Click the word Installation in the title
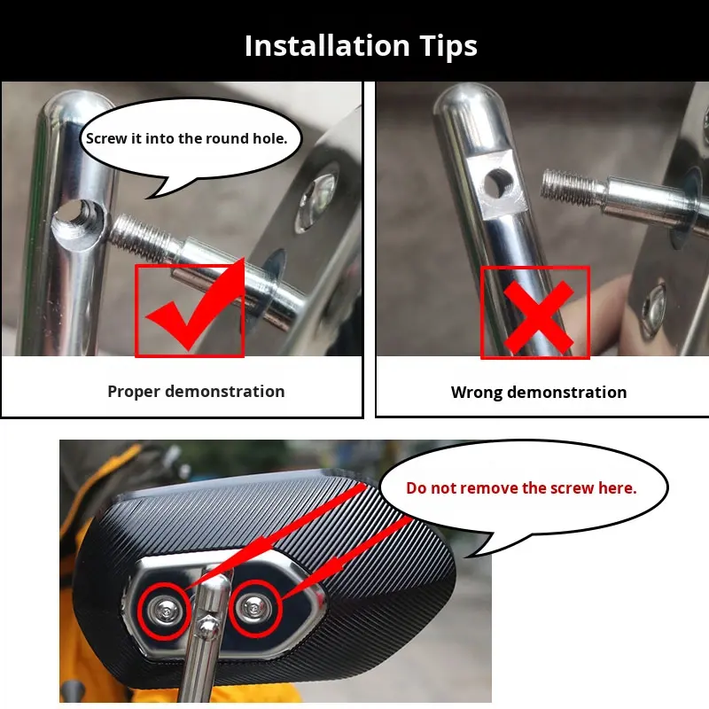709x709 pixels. pyautogui.click(x=327, y=46)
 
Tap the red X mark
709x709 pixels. pyautogui.click(x=538, y=317)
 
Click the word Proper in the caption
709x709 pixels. pyautogui.click(x=134, y=392)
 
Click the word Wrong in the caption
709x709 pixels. pyautogui.click(x=476, y=392)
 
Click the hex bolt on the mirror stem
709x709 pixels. pyautogui.click(x=207, y=626)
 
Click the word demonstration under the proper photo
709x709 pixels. pyautogui.click(x=225, y=392)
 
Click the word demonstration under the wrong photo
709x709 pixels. pyautogui.click(x=567, y=392)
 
